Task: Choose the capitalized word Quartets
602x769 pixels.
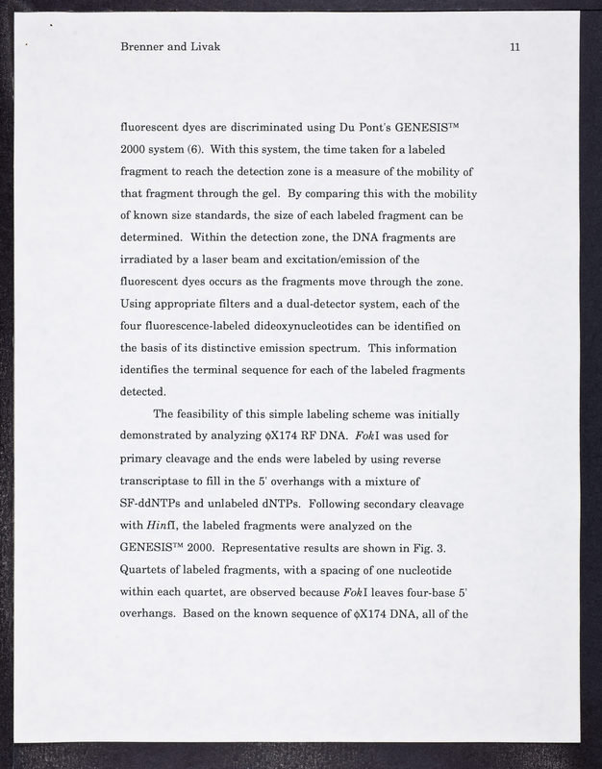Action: [x=147, y=570]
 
